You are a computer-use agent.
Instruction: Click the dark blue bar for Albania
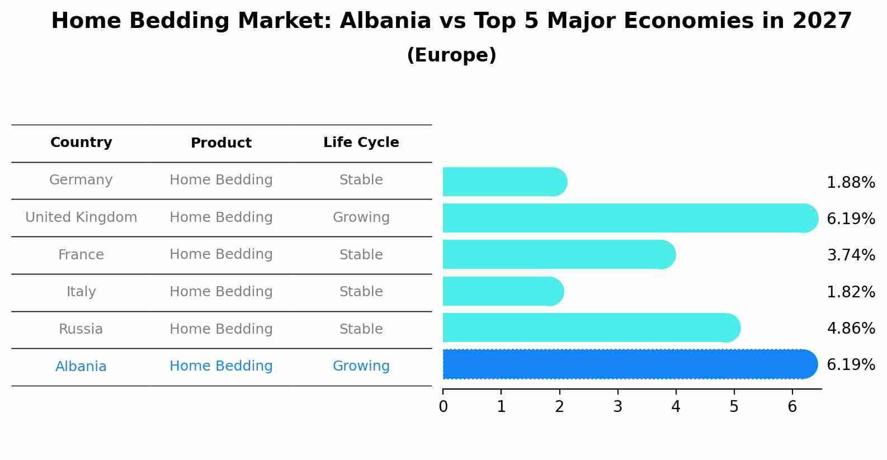pyautogui.click(x=629, y=364)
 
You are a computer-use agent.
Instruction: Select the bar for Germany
pyautogui.click(x=503, y=182)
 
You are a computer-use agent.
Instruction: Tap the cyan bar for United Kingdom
pyautogui.click(x=629, y=218)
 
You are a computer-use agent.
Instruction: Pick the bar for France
pyautogui.click(x=558, y=254)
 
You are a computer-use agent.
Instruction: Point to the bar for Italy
pyautogui.click(x=502, y=291)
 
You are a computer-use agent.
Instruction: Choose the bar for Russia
pyautogui.click(x=590, y=328)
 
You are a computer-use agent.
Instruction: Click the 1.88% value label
pyautogui.click(x=851, y=183)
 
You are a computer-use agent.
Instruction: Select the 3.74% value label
pyautogui.click(x=851, y=255)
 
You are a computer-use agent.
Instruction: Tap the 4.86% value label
pyautogui.click(x=851, y=328)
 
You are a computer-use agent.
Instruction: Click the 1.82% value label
pyautogui.click(x=851, y=292)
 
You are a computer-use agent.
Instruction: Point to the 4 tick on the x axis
pyautogui.click(x=676, y=407)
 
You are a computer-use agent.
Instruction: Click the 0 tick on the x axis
pyautogui.click(x=443, y=407)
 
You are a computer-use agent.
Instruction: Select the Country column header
pyautogui.click(x=81, y=143)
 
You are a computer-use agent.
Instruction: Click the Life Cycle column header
pyautogui.click(x=361, y=143)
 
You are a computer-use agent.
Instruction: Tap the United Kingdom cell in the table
pyautogui.click(x=81, y=217)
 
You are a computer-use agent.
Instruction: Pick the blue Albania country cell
pyautogui.click(x=81, y=367)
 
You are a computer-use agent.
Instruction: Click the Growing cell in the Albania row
pyautogui.click(x=361, y=366)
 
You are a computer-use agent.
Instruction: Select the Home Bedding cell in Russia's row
pyautogui.click(x=221, y=329)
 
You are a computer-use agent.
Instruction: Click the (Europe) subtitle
pyautogui.click(x=451, y=55)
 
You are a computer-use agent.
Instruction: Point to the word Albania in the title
pyautogui.click(x=385, y=21)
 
